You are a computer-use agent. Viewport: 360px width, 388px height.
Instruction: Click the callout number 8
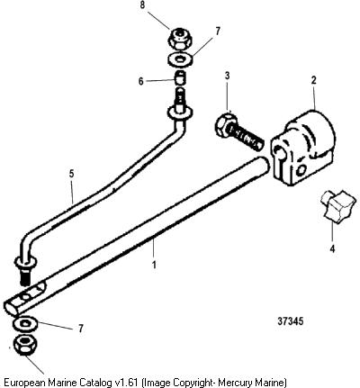click(x=143, y=5)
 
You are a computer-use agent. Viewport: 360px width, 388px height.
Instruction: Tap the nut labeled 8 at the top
click(x=180, y=38)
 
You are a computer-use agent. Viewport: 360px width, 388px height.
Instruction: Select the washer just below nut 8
click(x=180, y=59)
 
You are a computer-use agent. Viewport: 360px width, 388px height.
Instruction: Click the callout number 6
click(x=141, y=81)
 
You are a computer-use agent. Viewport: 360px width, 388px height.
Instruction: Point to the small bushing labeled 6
click(x=181, y=77)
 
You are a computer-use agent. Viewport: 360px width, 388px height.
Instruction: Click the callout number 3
click(x=227, y=76)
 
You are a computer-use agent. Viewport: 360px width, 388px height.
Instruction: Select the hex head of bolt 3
click(x=224, y=124)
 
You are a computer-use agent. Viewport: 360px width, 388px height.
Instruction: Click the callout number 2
click(x=314, y=80)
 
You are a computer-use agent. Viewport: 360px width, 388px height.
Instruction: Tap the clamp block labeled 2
click(x=302, y=148)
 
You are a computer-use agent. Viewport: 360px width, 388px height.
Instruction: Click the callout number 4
click(x=332, y=248)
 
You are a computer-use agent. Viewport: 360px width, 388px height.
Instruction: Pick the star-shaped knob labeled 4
click(x=338, y=207)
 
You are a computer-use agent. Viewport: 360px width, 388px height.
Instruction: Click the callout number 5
click(x=71, y=174)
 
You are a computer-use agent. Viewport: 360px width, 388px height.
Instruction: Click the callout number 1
click(x=154, y=266)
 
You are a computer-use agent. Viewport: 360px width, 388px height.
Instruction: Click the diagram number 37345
click(x=290, y=321)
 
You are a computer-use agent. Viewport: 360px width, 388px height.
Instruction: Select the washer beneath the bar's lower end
click(x=25, y=324)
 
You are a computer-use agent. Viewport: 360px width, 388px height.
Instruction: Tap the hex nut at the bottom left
click(x=25, y=346)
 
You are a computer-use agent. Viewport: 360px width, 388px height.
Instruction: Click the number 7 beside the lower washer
click(x=80, y=329)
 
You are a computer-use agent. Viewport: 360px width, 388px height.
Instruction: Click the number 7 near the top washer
click(x=218, y=32)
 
